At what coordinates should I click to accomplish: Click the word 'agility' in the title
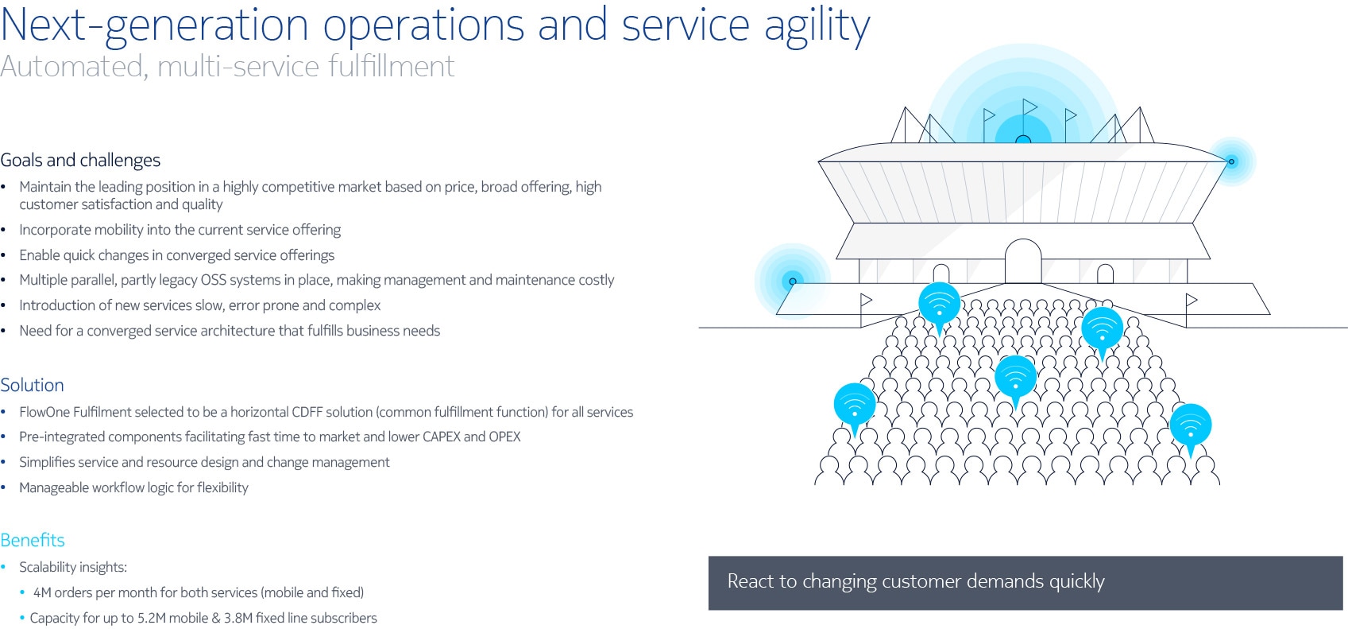[x=817, y=26]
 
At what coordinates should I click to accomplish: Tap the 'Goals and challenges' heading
[x=80, y=161]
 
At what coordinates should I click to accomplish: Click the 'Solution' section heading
[x=32, y=385]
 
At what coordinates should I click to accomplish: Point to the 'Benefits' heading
[x=33, y=540]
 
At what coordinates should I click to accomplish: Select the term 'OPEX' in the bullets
[x=504, y=437]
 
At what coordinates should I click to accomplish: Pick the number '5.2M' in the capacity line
[x=150, y=618]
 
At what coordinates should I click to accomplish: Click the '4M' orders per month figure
[x=42, y=593]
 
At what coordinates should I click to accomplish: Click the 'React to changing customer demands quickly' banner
[x=1025, y=583]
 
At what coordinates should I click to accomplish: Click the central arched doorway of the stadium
[x=1023, y=261]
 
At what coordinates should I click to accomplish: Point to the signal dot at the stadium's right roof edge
[x=1231, y=161]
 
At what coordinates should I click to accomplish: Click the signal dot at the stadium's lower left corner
[x=793, y=281]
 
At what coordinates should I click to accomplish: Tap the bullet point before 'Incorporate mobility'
[x=4, y=230]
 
